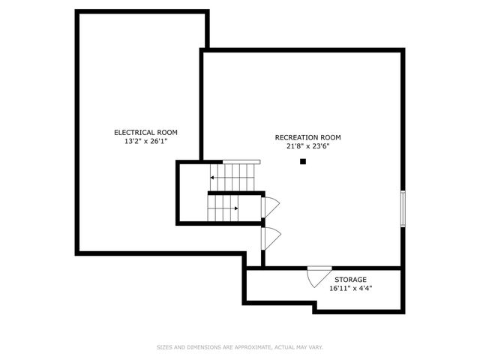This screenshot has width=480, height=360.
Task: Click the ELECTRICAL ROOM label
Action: click(145, 133)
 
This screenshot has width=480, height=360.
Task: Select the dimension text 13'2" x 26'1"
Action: click(145, 142)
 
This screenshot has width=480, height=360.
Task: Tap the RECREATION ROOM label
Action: click(307, 137)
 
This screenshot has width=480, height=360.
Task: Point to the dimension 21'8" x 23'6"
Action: click(307, 146)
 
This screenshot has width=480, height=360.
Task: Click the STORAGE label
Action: click(350, 280)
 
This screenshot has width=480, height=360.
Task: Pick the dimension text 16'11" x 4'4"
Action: click(350, 288)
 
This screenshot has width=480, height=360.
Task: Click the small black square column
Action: click(303, 161)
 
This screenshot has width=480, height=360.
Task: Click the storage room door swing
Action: click(319, 277)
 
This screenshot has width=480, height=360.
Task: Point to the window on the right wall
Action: click(403, 208)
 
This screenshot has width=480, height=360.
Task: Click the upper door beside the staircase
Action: click(270, 207)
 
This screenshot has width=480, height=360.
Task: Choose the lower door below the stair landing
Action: click(271, 238)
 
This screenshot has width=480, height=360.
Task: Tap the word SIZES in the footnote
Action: click(164, 347)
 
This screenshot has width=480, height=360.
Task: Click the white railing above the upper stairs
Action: click(241, 162)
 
